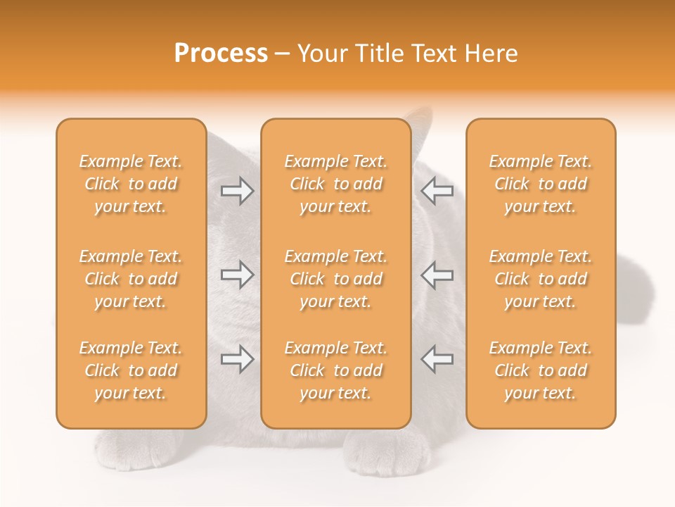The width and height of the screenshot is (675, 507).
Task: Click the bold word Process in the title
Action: point(221,54)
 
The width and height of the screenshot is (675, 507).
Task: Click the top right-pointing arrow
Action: point(237,191)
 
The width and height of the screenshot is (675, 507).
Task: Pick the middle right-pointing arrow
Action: point(237,275)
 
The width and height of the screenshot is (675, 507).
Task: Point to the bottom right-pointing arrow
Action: point(237,359)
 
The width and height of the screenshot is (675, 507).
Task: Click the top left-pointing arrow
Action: point(437,191)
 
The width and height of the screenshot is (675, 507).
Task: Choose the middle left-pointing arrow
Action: point(437,275)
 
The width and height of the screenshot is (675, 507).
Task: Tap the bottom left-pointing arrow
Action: point(437,359)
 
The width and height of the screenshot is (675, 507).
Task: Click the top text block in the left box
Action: point(131,184)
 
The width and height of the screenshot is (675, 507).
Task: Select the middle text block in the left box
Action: point(131,279)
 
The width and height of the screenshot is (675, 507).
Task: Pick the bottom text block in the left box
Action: point(131,370)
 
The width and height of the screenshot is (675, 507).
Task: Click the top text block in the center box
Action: point(336,184)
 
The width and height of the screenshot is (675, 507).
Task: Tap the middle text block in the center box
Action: point(336,279)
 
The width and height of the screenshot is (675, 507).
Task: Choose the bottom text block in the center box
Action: point(336,370)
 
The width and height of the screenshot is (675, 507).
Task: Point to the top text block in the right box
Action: point(541,184)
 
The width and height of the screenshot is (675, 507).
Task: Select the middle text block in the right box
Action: point(541,279)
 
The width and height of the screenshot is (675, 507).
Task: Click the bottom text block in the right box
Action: point(541,370)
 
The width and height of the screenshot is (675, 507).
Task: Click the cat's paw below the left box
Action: point(134,448)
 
